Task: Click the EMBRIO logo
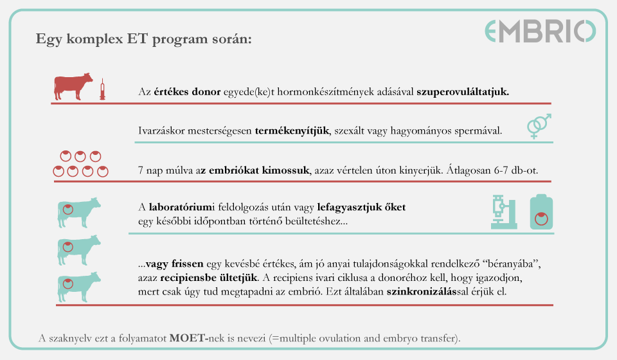tap(540, 32)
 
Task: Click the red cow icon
tap(73, 86)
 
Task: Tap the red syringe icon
tap(102, 89)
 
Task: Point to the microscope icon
tap(503, 212)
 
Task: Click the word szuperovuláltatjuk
tap(463, 92)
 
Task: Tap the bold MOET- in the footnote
tap(192, 337)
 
